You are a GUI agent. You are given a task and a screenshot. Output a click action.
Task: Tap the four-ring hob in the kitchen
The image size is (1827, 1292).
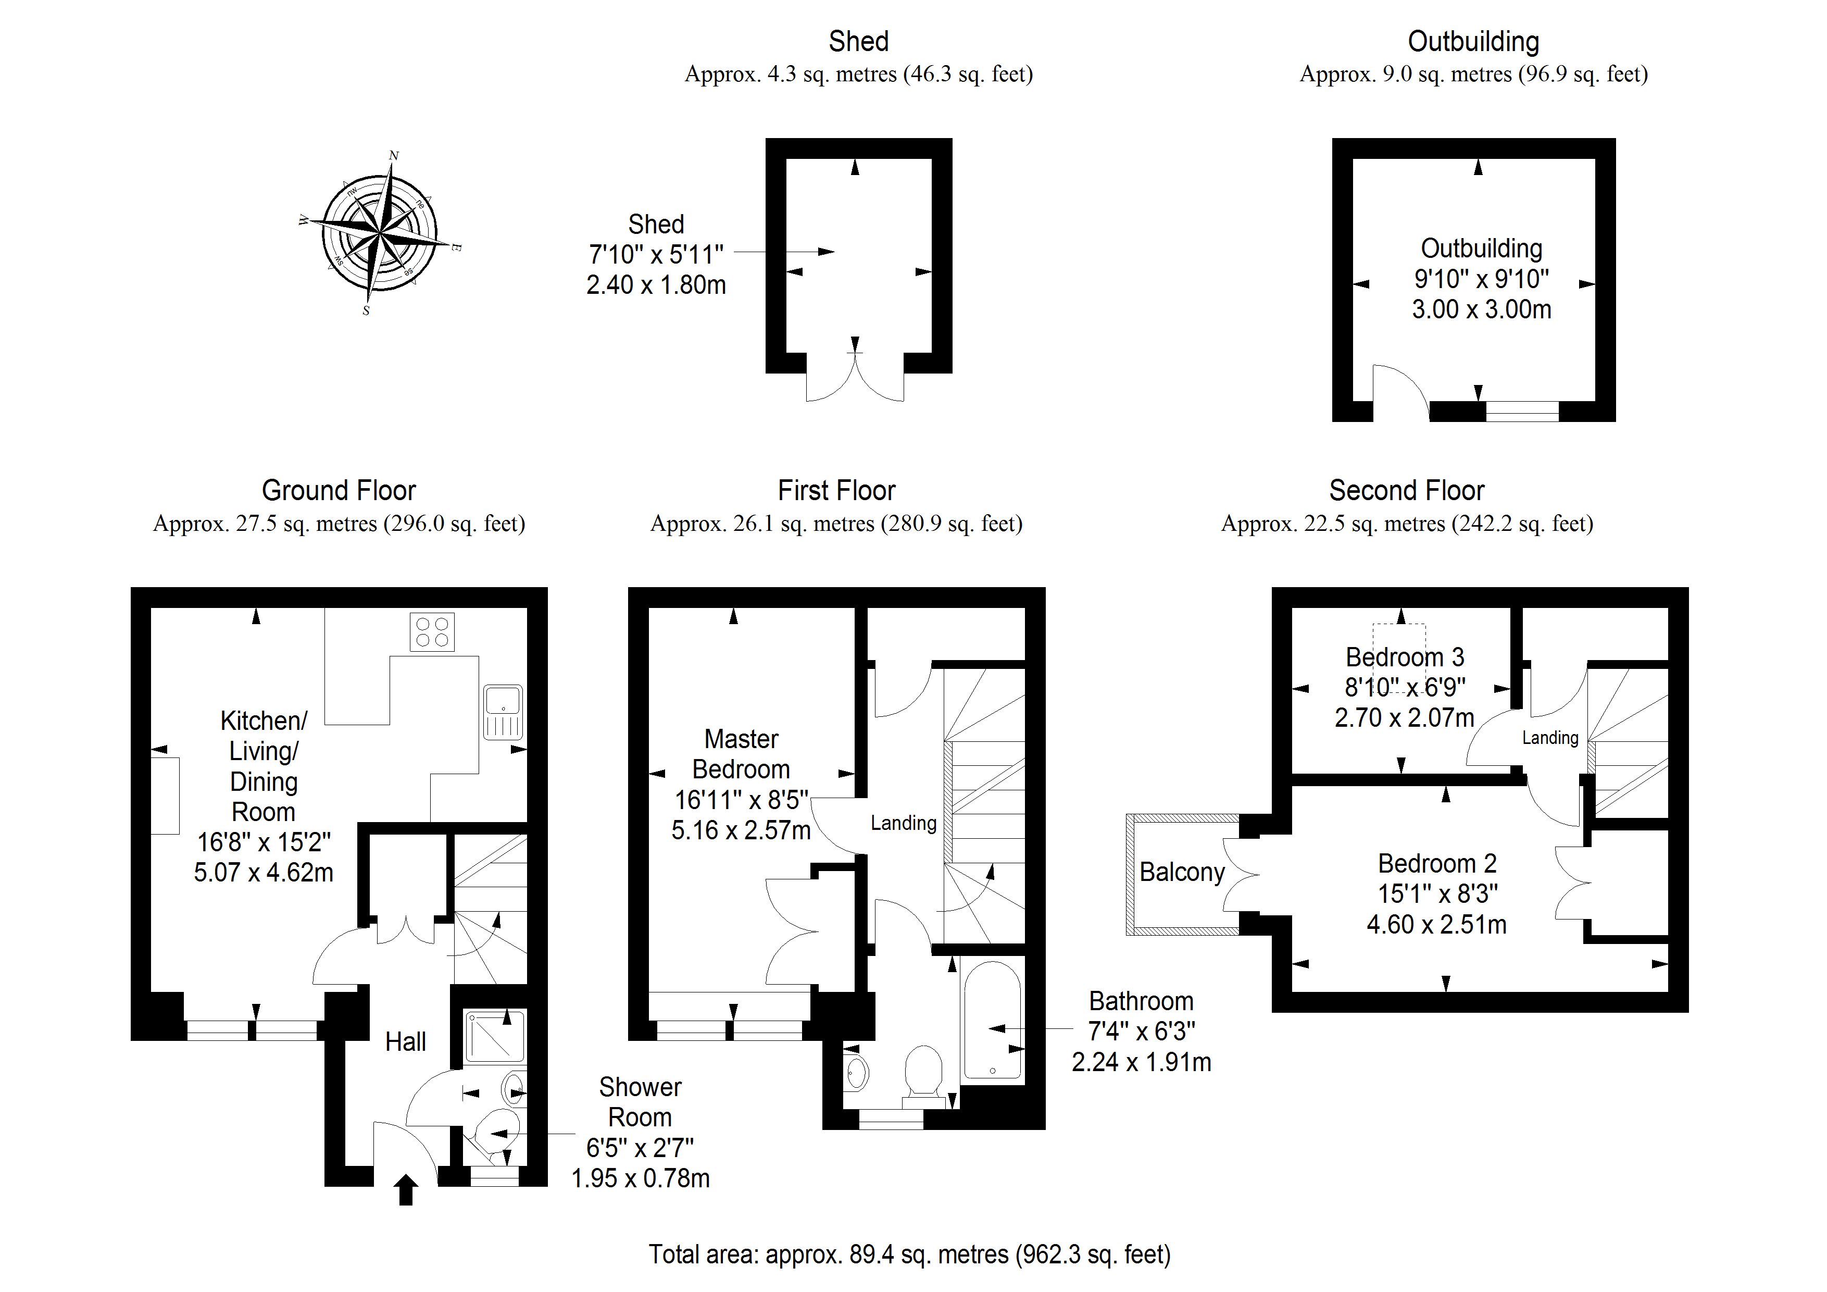click(432, 632)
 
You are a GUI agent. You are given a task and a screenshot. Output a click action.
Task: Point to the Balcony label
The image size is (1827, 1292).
click(1182, 873)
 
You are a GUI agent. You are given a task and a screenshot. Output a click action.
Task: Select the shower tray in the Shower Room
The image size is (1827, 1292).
click(494, 1037)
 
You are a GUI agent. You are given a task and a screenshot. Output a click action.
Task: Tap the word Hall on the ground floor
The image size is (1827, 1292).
click(406, 1041)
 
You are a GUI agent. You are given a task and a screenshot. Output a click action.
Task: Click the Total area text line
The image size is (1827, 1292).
click(909, 1254)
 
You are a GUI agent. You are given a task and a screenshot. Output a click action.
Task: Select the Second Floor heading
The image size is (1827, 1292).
click(1406, 490)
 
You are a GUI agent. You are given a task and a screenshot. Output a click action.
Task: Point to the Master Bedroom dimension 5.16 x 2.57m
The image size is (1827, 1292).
click(741, 830)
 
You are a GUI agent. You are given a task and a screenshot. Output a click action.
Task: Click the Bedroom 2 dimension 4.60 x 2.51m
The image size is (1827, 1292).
click(1436, 924)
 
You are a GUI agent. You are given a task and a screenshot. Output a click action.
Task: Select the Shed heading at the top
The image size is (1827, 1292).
click(859, 41)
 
